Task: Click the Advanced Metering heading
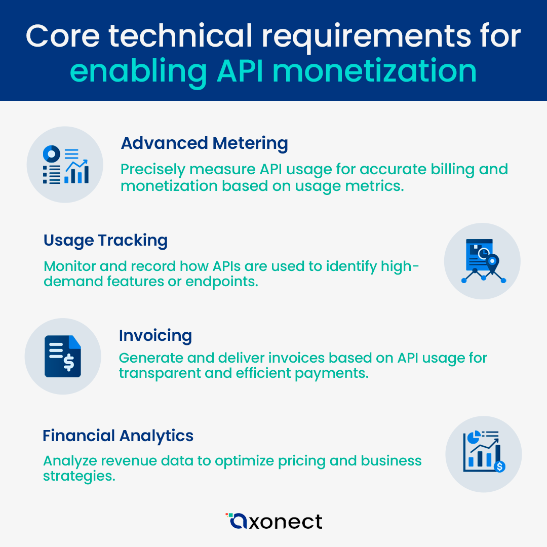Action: pos(204,143)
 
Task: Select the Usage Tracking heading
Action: pos(105,241)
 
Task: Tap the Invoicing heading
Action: pos(155,335)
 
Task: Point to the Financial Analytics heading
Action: pos(118,436)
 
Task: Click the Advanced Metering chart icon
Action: pos(65,165)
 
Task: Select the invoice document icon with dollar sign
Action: pos(63,356)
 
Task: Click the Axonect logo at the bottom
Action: pos(274,521)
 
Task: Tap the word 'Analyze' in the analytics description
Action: pos(69,461)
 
